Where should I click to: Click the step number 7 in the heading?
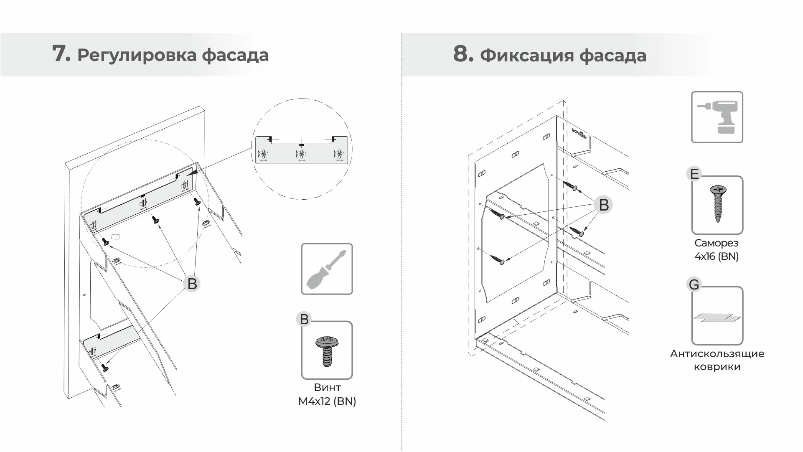point(61,53)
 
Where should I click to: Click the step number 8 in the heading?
point(463,53)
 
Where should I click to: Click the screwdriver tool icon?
point(327,269)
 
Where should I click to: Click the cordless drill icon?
point(717,117)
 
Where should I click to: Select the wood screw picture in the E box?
point(718,204)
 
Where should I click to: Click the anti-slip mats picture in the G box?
point(717,318)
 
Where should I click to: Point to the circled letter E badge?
point(694,174)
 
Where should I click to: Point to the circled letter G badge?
point(694,285)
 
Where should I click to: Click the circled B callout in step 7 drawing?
point(192,284)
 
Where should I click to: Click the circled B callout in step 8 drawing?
point(603,205)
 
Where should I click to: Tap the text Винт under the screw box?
point(327,387)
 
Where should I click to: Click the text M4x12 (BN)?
point(327,401)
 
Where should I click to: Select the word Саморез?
point(716,243)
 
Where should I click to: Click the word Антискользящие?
point(717,353)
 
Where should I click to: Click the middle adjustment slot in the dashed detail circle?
point(301,154)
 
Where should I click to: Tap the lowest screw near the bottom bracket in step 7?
point(105,368)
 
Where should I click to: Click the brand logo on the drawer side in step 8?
point(579,134)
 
